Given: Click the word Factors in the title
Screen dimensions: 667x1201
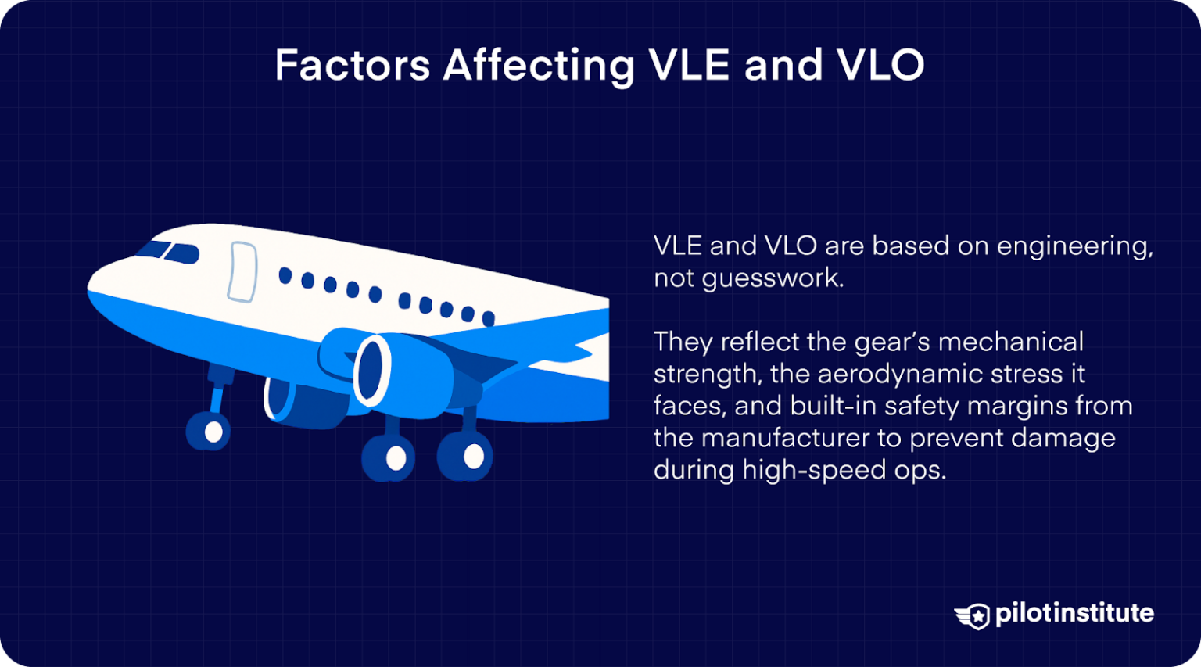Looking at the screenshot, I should pos(352,65).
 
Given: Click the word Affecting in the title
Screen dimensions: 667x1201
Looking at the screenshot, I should pos(539,66).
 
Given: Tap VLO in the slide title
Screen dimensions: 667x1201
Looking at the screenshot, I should pos(880,65).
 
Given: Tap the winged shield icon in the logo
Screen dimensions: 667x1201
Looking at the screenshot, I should pos(973,615).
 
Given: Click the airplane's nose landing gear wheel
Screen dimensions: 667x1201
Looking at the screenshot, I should pos(212,431).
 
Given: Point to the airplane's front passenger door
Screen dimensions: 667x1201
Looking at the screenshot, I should pos(242,271).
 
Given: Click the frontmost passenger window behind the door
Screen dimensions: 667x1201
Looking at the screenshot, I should pos(285,275).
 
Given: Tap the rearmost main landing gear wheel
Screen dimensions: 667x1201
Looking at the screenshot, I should pos(472,456).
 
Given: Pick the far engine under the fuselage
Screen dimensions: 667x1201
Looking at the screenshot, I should pos(301,402).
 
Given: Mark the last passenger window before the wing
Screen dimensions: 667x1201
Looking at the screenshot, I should pos(488,317).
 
